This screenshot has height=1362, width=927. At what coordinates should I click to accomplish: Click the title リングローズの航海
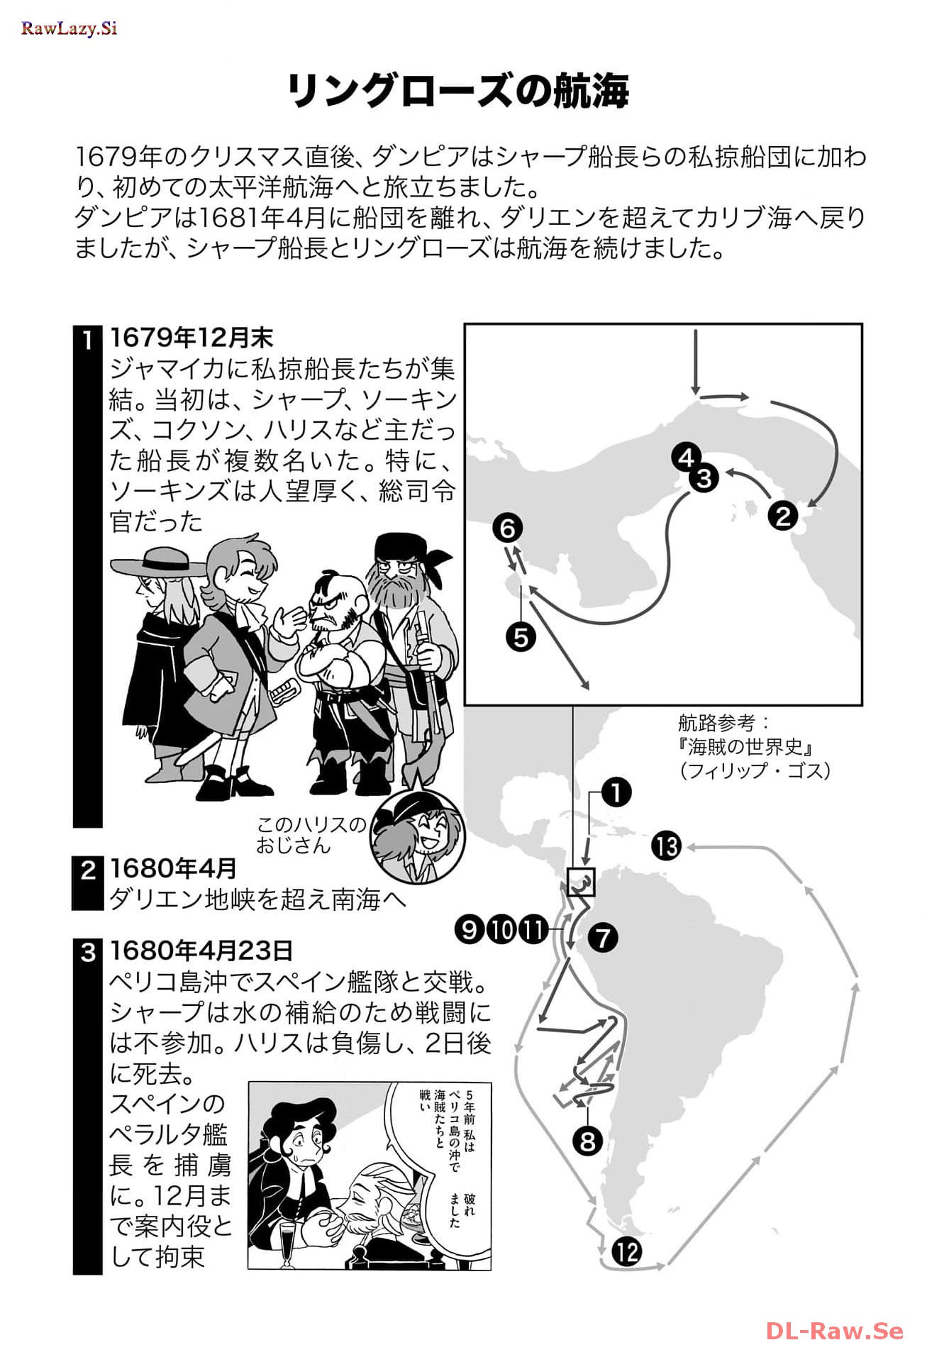point(458,91)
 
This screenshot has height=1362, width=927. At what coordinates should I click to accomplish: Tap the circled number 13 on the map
point(667,846)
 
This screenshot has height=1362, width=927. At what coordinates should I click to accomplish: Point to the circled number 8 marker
point(587,1141)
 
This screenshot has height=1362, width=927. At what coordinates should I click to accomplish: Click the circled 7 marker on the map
point(603,937)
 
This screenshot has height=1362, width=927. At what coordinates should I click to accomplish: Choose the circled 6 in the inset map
point(508,528)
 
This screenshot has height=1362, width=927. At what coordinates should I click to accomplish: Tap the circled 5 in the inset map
point(521,636)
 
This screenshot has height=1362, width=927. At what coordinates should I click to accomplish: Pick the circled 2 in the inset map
point(783,515)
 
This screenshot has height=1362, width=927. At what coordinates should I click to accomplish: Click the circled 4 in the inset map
point(685,457)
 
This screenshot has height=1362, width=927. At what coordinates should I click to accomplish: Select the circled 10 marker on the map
point(501,929)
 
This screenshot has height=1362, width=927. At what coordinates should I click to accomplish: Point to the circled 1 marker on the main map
point(616,792)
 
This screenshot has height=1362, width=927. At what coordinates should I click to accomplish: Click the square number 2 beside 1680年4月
point(88,870)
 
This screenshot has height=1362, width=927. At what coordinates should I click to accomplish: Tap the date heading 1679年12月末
point(191,338)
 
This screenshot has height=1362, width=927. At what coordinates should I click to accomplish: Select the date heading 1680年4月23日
point(201,951)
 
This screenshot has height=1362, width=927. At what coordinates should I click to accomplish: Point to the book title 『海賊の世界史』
point(745,746)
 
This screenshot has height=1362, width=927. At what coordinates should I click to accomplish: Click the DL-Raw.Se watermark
point(835,1331)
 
